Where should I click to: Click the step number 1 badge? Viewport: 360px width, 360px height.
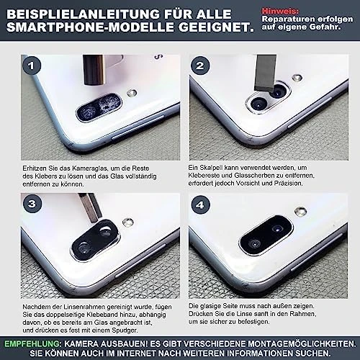[32, 66]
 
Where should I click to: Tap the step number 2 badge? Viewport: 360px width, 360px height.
[200, 66]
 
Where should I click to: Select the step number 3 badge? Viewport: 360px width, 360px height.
[32, 204]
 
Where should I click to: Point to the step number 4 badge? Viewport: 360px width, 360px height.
[201, 204]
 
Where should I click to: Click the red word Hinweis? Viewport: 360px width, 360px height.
[280, 11]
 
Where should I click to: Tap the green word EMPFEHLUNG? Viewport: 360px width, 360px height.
[33, 343]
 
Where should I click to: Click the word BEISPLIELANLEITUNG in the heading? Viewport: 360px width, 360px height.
[83, 14]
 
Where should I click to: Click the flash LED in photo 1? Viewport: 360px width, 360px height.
[132, 93]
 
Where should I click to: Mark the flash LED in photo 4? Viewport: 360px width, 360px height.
[300, 211]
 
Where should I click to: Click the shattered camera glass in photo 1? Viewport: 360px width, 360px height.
[99, 107]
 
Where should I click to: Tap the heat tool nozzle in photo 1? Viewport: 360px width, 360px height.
[94, 70]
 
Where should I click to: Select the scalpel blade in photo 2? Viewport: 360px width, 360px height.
[265, 73]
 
